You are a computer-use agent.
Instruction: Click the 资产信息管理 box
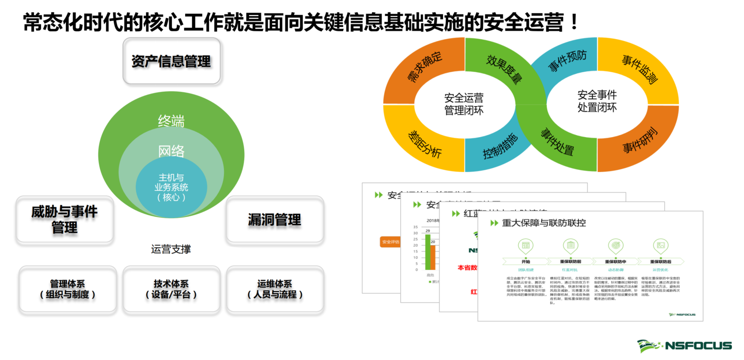172,62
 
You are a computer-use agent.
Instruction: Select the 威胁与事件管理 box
64,219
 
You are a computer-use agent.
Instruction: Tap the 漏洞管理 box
274,219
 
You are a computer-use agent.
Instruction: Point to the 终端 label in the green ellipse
171,121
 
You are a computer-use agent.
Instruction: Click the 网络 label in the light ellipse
171,151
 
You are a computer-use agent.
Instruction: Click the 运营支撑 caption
171,249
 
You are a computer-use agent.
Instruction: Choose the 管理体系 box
67,289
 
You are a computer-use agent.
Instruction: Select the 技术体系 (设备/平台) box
171,289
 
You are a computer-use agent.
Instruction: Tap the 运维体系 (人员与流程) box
275,289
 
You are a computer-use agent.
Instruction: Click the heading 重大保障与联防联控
544,223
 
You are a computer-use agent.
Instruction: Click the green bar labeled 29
428,252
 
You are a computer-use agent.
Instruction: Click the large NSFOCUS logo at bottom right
684,345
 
